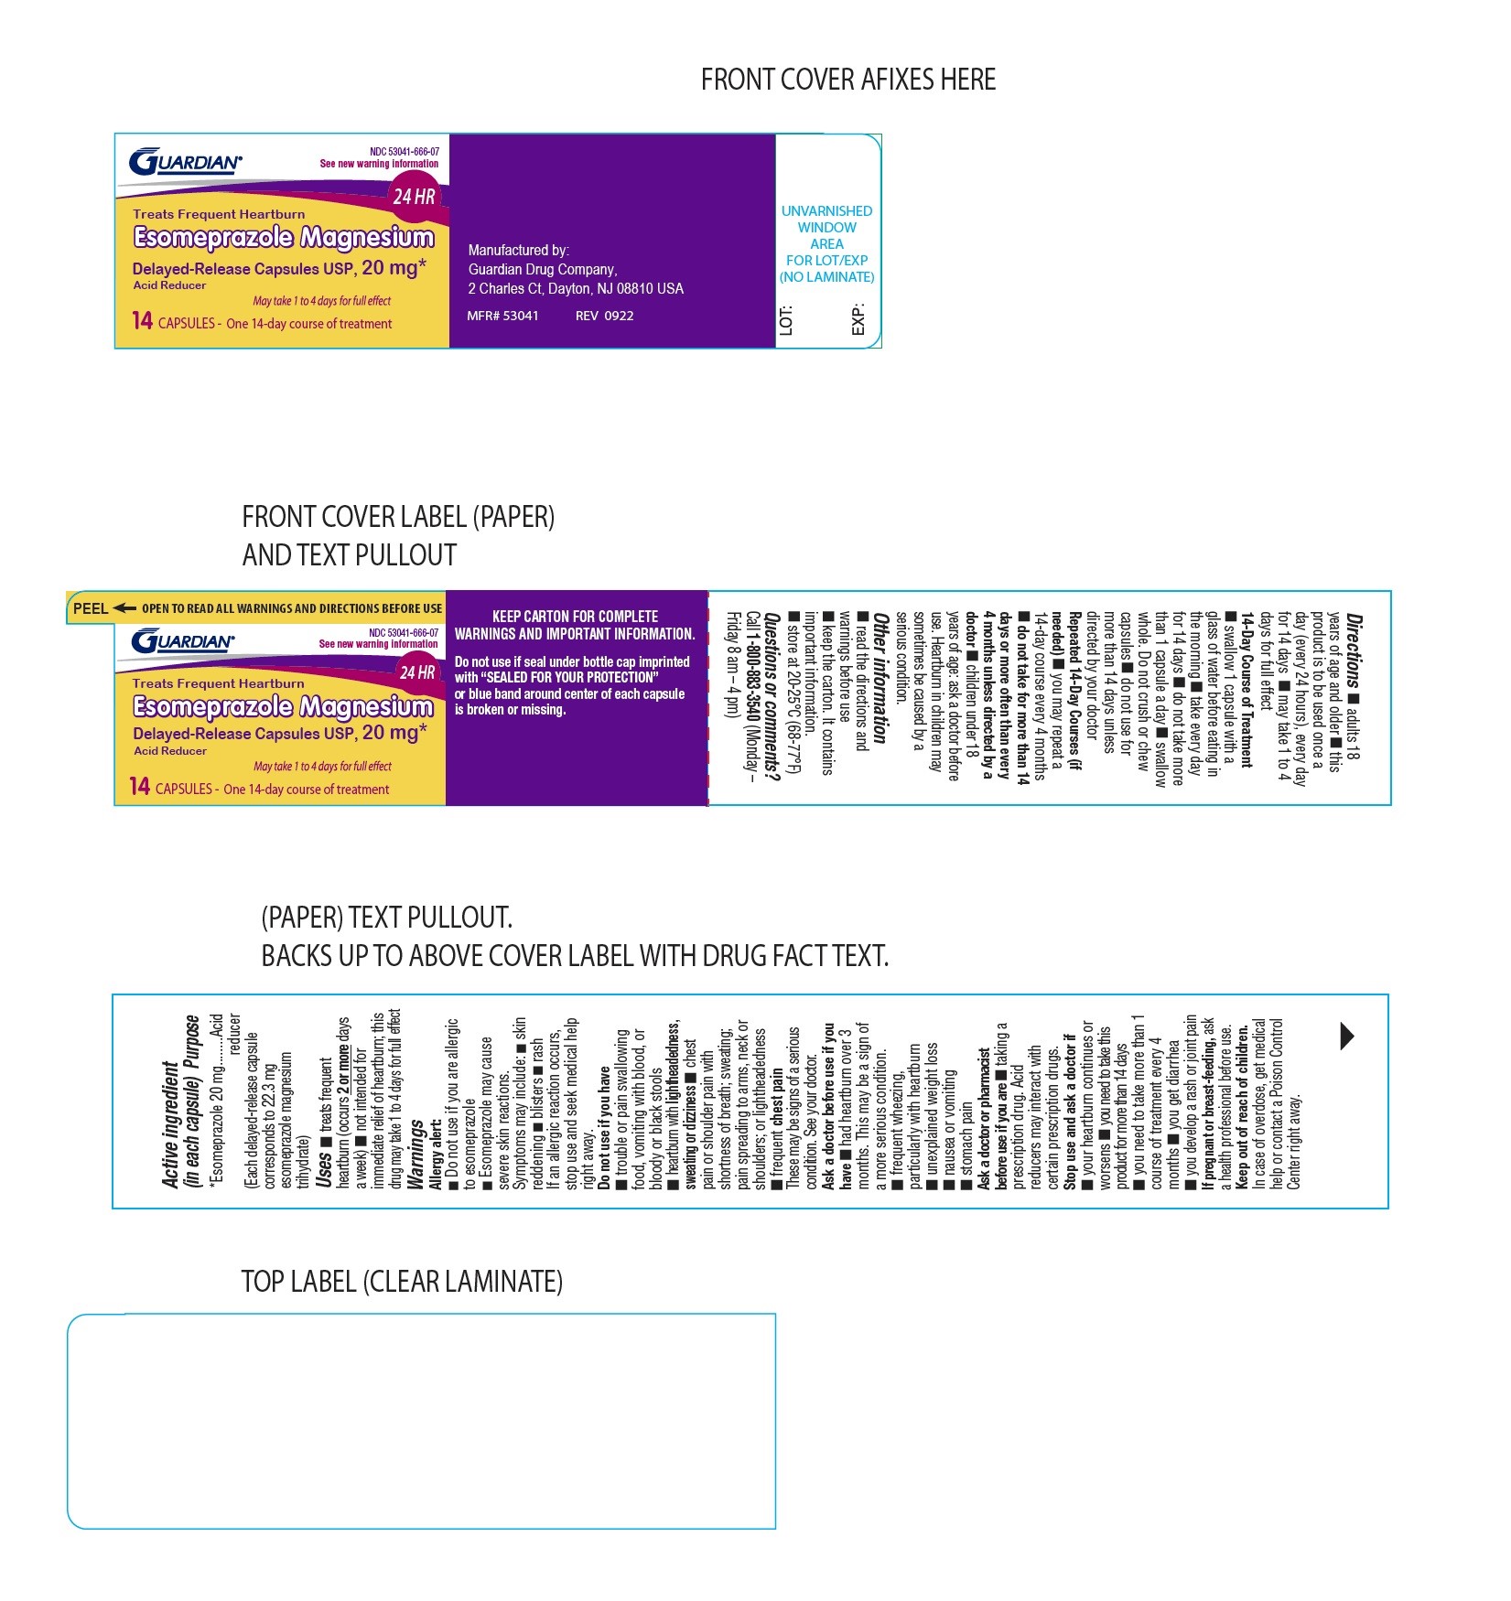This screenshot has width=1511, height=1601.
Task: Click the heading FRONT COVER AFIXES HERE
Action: tap(848, 81)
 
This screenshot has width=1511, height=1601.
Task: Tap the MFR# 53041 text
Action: tap(502, 316)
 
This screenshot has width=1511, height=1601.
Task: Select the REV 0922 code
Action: tap(604, 316)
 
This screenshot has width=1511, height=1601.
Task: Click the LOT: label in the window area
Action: tap(786, 319)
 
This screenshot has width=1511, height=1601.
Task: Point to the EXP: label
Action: tap(858, 319)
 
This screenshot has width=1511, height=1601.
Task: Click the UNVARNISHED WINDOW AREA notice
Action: tap(826, 243)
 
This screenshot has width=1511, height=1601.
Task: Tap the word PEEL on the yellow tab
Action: tap(91, 608)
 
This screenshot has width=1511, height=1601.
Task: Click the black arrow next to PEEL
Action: tap(125, 608)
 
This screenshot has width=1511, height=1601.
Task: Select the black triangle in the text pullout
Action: tap(1347, 1036)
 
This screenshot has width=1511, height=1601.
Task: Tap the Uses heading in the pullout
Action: tap(325, 1169)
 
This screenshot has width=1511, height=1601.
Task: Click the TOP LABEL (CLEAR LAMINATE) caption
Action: tap(402, 1282)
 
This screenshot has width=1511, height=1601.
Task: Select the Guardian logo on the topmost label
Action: tap(186, 163)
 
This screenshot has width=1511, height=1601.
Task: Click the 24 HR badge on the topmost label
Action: tap(414, 196)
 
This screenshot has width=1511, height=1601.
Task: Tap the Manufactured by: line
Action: tap(518, 250)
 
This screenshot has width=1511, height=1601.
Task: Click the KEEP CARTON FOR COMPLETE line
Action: tap(575, 617)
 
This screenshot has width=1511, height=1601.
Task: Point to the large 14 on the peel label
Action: tap(140, 787)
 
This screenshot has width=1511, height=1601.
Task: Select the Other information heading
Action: tap(881, 678)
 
